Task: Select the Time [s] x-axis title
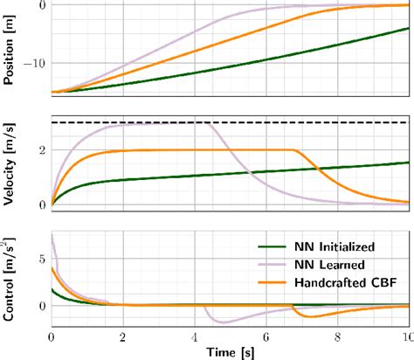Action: [230, 350]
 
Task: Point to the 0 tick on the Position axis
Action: [42, 5]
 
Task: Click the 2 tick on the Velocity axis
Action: [42, 149]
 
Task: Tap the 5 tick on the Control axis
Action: [42, 260]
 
